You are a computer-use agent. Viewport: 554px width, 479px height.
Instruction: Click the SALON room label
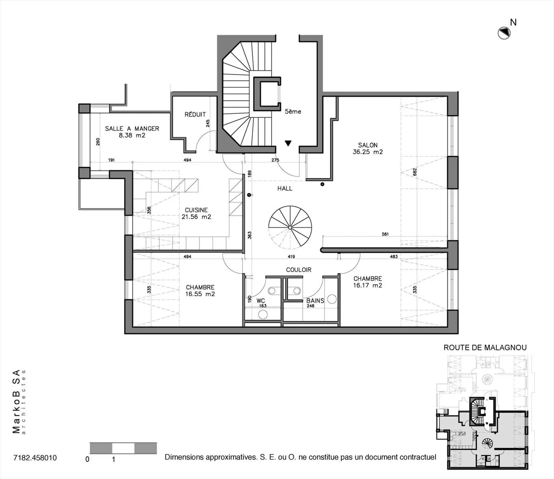[x=368, y=145]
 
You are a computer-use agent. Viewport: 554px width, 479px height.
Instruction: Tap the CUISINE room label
[x=196, y=210]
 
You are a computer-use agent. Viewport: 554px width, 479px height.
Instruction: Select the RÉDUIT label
[x=195, y=114]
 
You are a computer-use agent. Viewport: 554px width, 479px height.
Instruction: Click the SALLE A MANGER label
[x=132, y=129]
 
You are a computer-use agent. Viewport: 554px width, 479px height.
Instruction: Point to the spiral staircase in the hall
[x=290, y=228]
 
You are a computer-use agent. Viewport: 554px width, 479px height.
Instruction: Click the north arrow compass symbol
[x=504, y=33]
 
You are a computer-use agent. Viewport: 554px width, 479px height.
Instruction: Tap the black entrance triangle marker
[x=288, y=143]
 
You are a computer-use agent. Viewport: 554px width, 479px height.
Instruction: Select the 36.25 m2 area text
[x=368, y=152]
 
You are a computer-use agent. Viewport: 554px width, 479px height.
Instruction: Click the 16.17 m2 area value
[x=368, y=285]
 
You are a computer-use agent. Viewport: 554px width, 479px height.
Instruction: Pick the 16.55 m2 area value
[x=200, y=294]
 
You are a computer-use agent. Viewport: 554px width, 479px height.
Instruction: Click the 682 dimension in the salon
[x=414, y=172]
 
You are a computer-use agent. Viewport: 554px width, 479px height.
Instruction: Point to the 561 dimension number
[x=385, y=234]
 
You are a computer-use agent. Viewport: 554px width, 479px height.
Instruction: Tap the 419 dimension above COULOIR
[x=291, y=257]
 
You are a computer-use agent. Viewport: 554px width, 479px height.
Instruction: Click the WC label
[x=260, y=301]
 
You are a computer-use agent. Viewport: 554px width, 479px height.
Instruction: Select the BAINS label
[x=315, y=301]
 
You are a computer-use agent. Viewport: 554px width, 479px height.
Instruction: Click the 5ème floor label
[x=293, y=112]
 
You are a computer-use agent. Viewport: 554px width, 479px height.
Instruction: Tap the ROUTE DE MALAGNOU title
[x=485, y=347]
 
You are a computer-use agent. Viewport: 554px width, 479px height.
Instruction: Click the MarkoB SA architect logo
[x=18, y=402]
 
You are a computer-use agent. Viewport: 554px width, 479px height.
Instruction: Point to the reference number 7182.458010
[x=35, y=458]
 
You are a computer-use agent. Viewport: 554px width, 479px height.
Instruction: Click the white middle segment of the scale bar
[x=123, y=448]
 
